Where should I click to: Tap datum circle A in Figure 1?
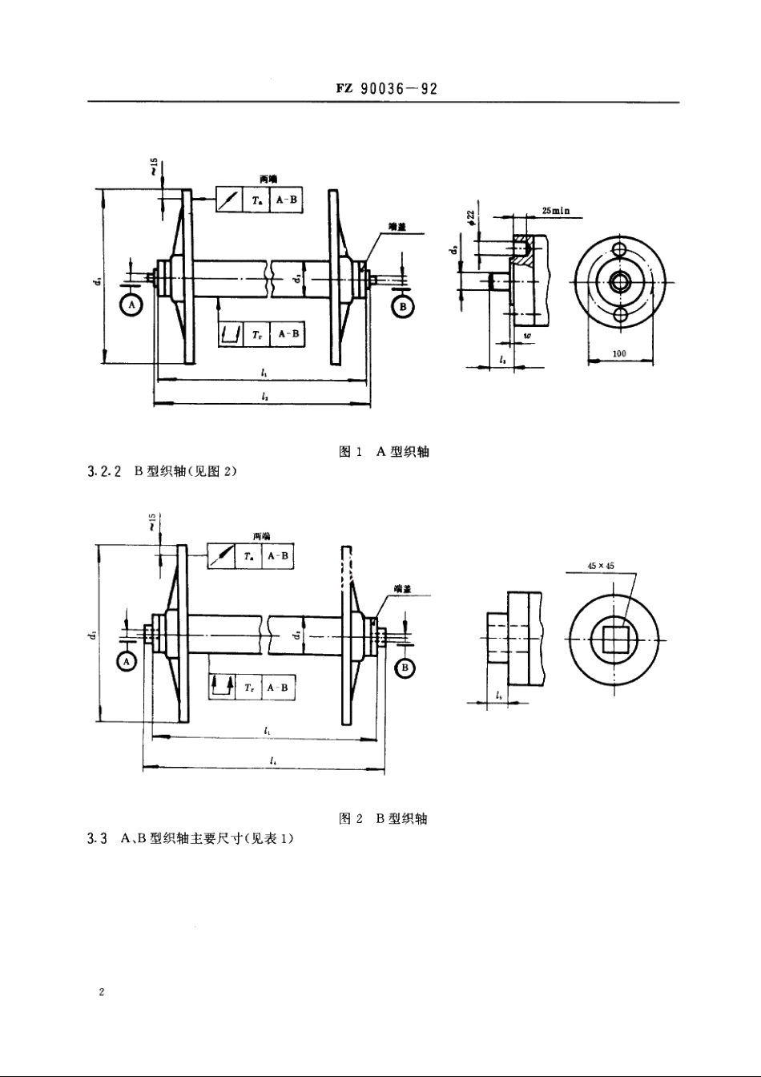point(131,305)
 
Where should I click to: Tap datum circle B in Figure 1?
point(402,307)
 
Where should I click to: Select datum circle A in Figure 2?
point(127,661)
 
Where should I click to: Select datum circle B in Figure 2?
point(405,668)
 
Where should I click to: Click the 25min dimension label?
point(555,211)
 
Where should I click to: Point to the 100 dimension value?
point(619,353)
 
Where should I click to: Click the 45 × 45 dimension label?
point(600,566)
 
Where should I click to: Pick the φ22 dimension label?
point(471,219)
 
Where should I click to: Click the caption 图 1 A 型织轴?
point(385,452)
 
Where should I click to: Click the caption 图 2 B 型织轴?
point(384,818)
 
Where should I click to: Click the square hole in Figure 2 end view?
point(614,639)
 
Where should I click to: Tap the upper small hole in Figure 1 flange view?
point(619,249)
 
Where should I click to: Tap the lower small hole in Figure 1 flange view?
point(619,316)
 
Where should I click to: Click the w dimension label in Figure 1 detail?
point(527,334)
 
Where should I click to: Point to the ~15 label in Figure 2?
point(151,522)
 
